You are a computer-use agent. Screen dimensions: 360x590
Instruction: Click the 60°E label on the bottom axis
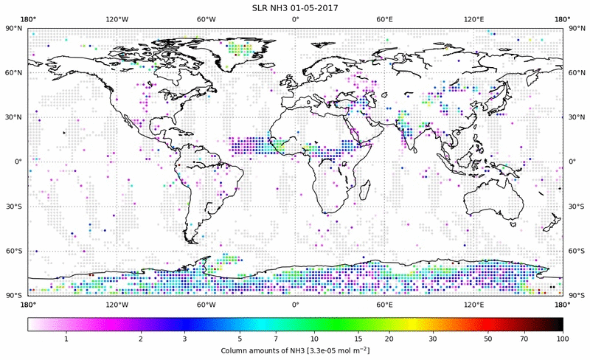384,304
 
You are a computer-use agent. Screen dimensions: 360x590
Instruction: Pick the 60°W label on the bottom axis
206,304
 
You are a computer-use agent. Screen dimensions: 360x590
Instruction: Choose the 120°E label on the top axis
473,18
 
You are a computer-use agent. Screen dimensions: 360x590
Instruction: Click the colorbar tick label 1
66,338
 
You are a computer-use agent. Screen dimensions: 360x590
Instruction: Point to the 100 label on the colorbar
562,338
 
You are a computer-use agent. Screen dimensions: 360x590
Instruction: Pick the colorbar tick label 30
433,338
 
